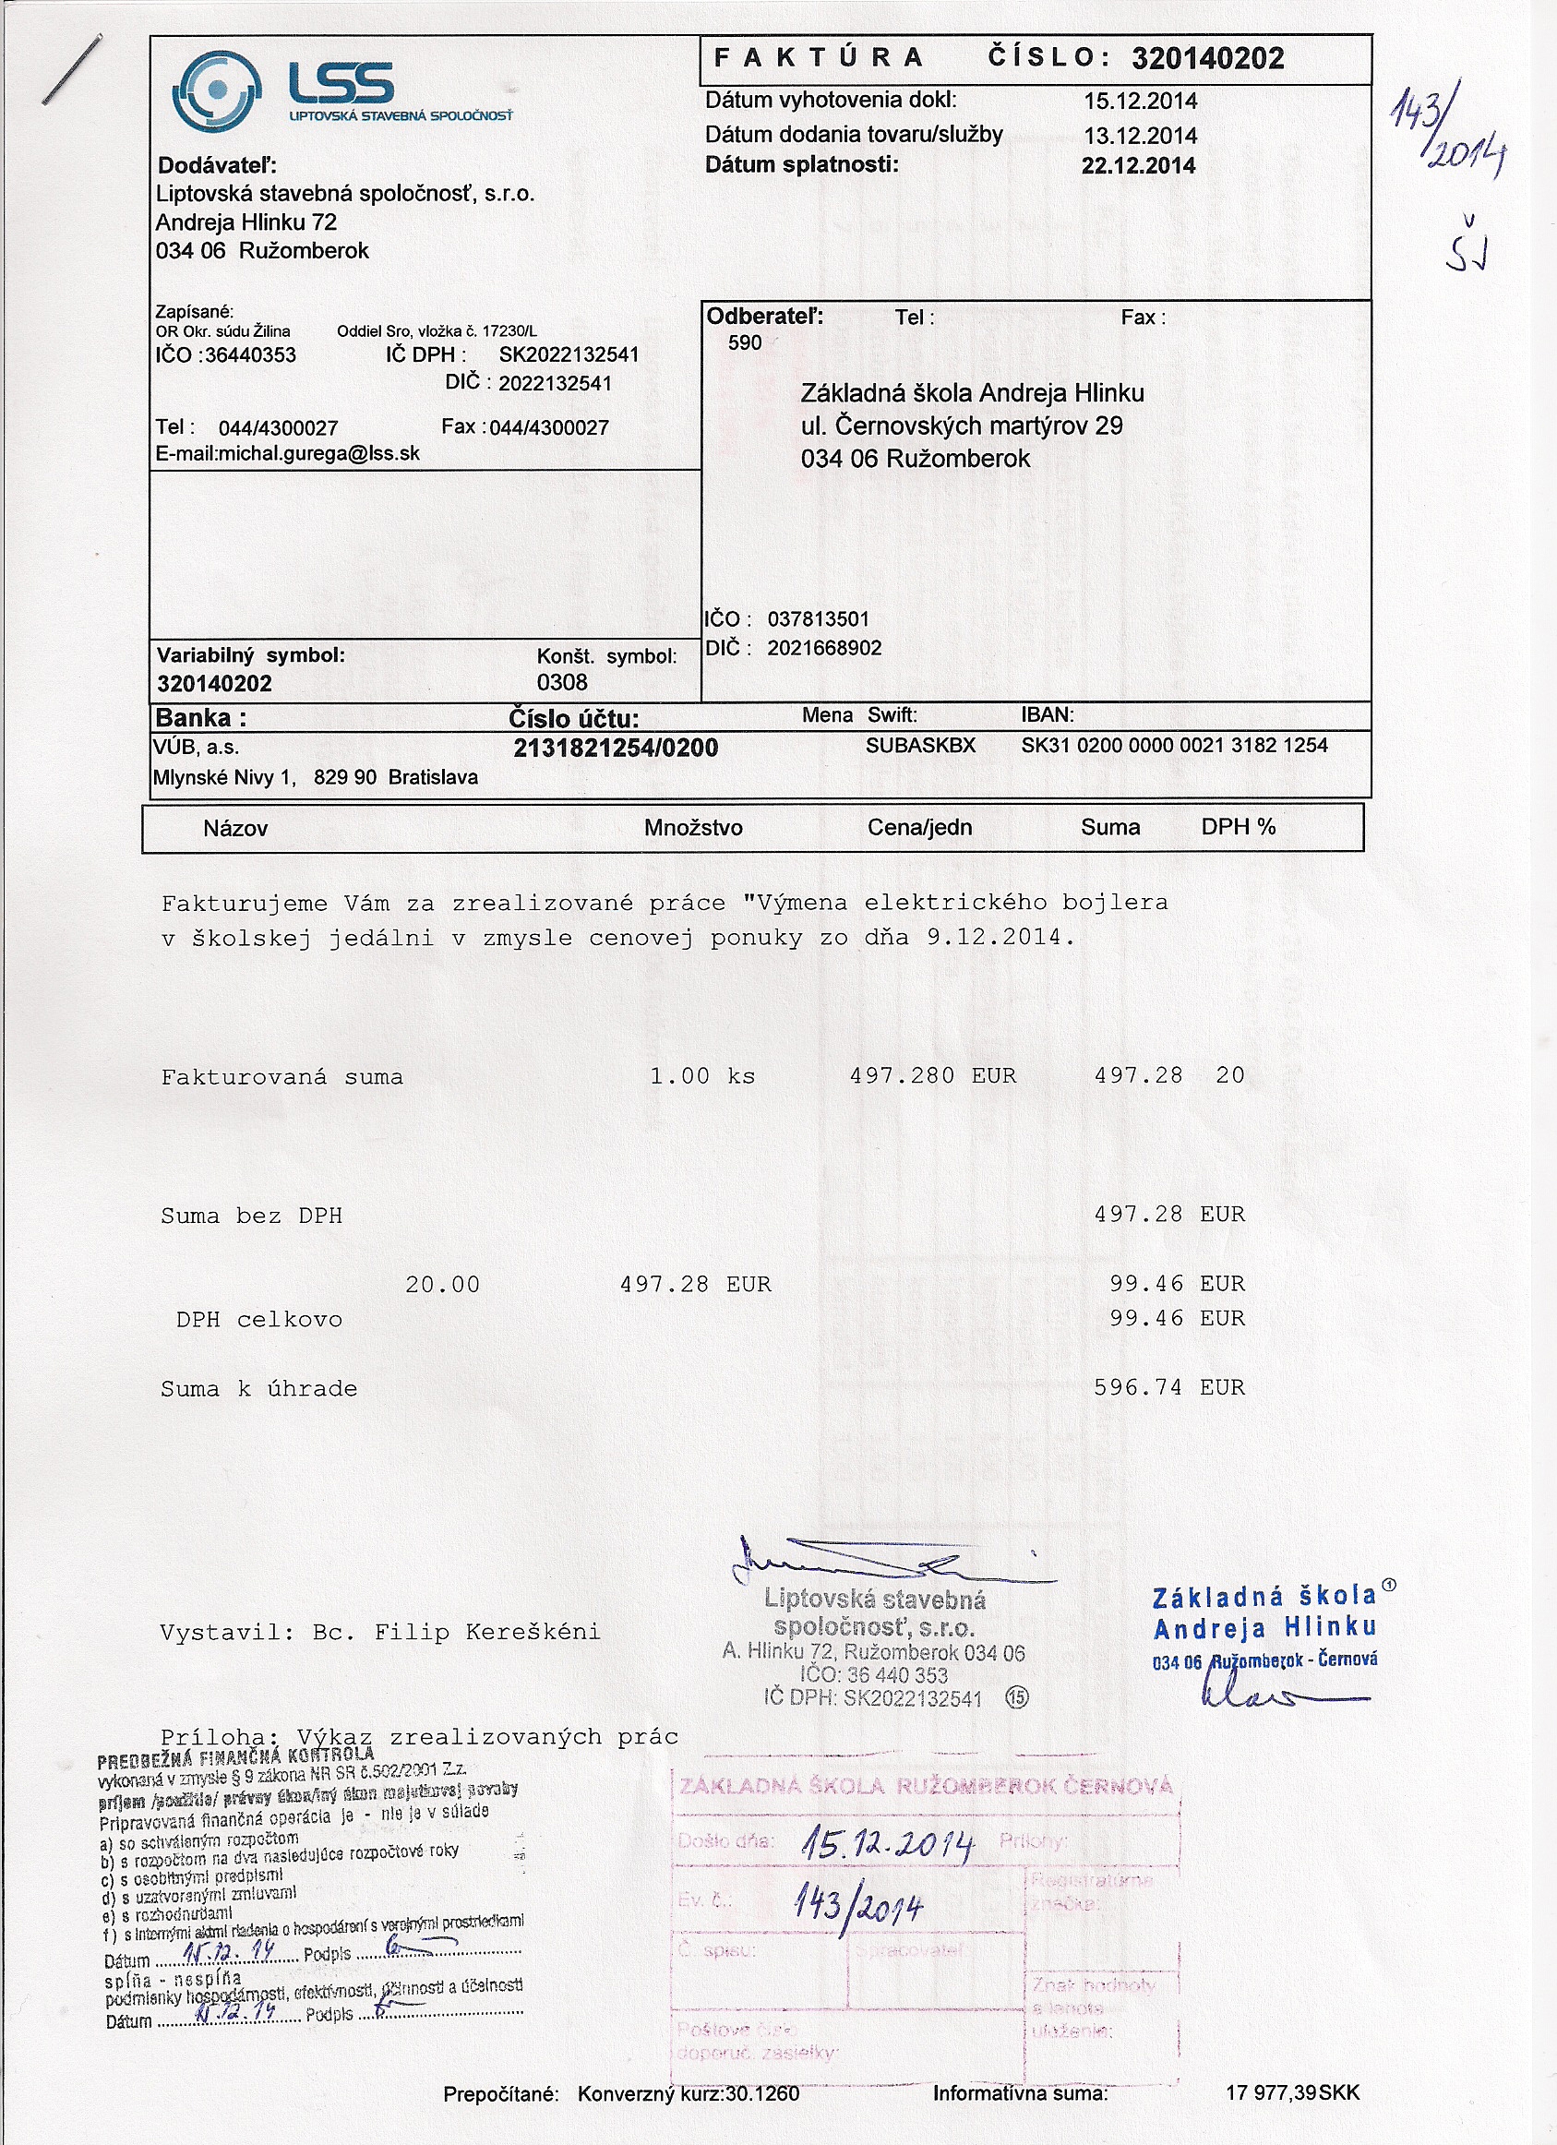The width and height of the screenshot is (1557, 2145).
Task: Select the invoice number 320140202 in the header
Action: pos(1207,59)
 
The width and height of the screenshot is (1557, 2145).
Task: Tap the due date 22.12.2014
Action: pos(1138,165)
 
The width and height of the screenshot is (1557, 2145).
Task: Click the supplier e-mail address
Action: pos(288,453)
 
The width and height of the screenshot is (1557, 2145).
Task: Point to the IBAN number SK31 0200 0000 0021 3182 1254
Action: pos(1174,745)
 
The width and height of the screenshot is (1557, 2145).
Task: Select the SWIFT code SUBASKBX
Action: pos(919,745)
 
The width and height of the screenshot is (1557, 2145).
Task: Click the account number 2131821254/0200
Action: pos(616,749)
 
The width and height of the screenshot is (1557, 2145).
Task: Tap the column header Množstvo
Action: pos(692,828)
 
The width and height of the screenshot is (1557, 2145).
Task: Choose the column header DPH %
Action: pos(1238,827)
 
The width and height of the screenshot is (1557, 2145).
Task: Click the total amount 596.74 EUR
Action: pos(1168,1387)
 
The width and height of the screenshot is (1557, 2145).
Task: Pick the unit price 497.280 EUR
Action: pos(932,1075)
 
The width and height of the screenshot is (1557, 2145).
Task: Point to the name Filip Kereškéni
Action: pos(487,1633)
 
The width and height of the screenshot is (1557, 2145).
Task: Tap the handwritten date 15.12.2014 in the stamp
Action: pos(886,1842)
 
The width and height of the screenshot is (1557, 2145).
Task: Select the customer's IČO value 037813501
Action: pos(818,619)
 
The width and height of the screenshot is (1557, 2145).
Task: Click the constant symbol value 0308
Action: pos(562,683)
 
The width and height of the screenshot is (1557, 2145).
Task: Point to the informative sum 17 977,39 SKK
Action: pos(1291,2092)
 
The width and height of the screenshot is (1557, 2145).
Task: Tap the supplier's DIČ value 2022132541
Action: pos(555,383)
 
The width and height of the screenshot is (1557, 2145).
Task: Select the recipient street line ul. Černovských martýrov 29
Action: pos(961,425)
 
